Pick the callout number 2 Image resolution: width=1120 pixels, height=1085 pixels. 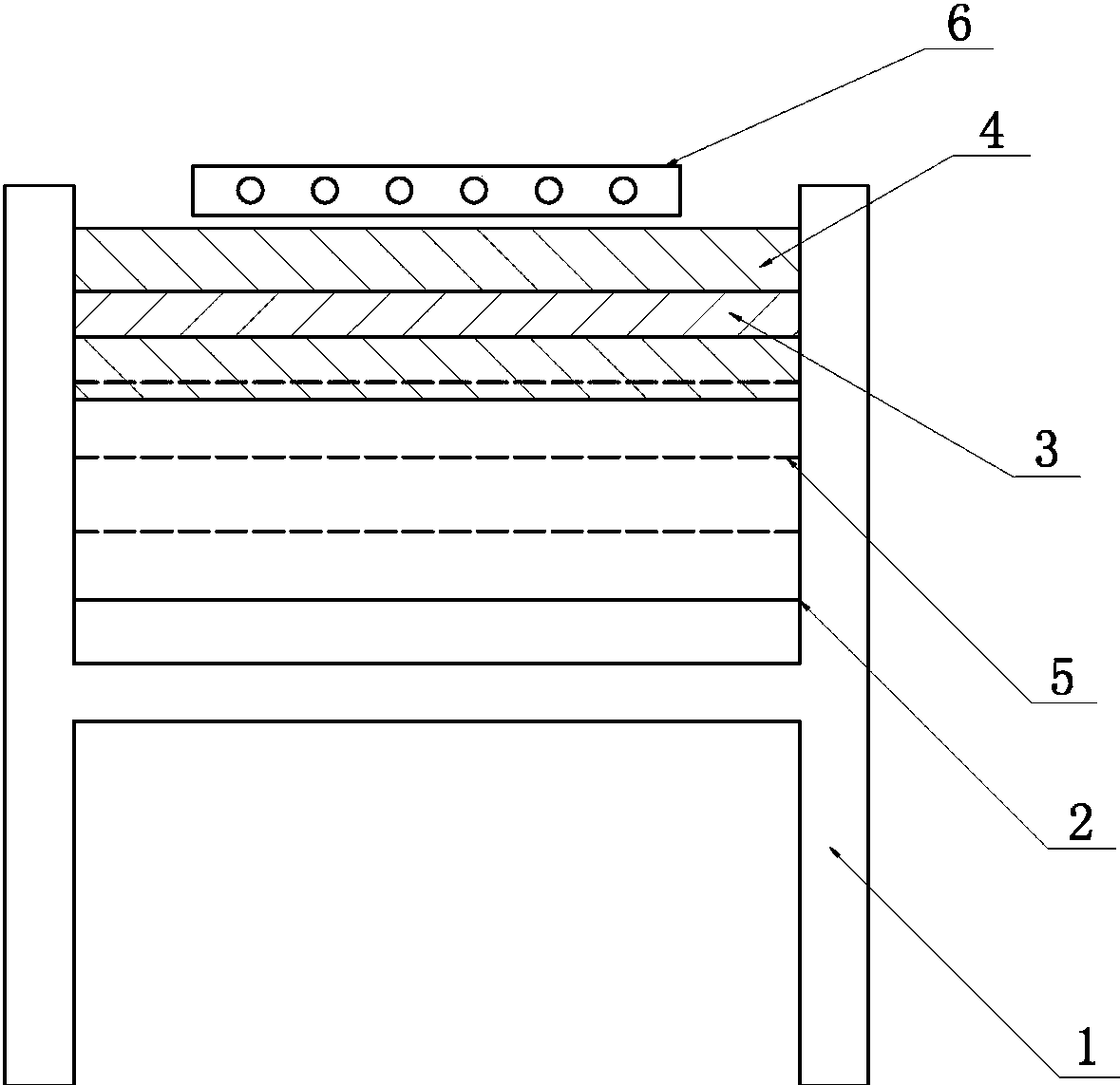[x=1080, y=823]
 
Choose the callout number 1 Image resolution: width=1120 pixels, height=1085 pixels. [x=1084, y=1048]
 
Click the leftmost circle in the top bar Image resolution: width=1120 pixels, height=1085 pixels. [x=251, y=191]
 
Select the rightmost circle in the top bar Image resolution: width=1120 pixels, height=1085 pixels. [x=622, y=191]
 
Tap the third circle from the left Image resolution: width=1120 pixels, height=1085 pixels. [x=399, y=191]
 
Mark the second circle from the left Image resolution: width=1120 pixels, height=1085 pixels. [x=325, y=191]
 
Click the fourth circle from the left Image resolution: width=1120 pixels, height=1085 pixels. [x=473, y=191]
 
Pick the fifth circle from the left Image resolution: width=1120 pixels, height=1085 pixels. [x=548, y=191]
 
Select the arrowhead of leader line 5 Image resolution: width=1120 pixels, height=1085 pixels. [x=788, y=460]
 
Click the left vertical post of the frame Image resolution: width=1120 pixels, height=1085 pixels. [x=39, y=627]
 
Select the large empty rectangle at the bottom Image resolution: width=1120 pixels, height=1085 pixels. [x=437, y=902]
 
